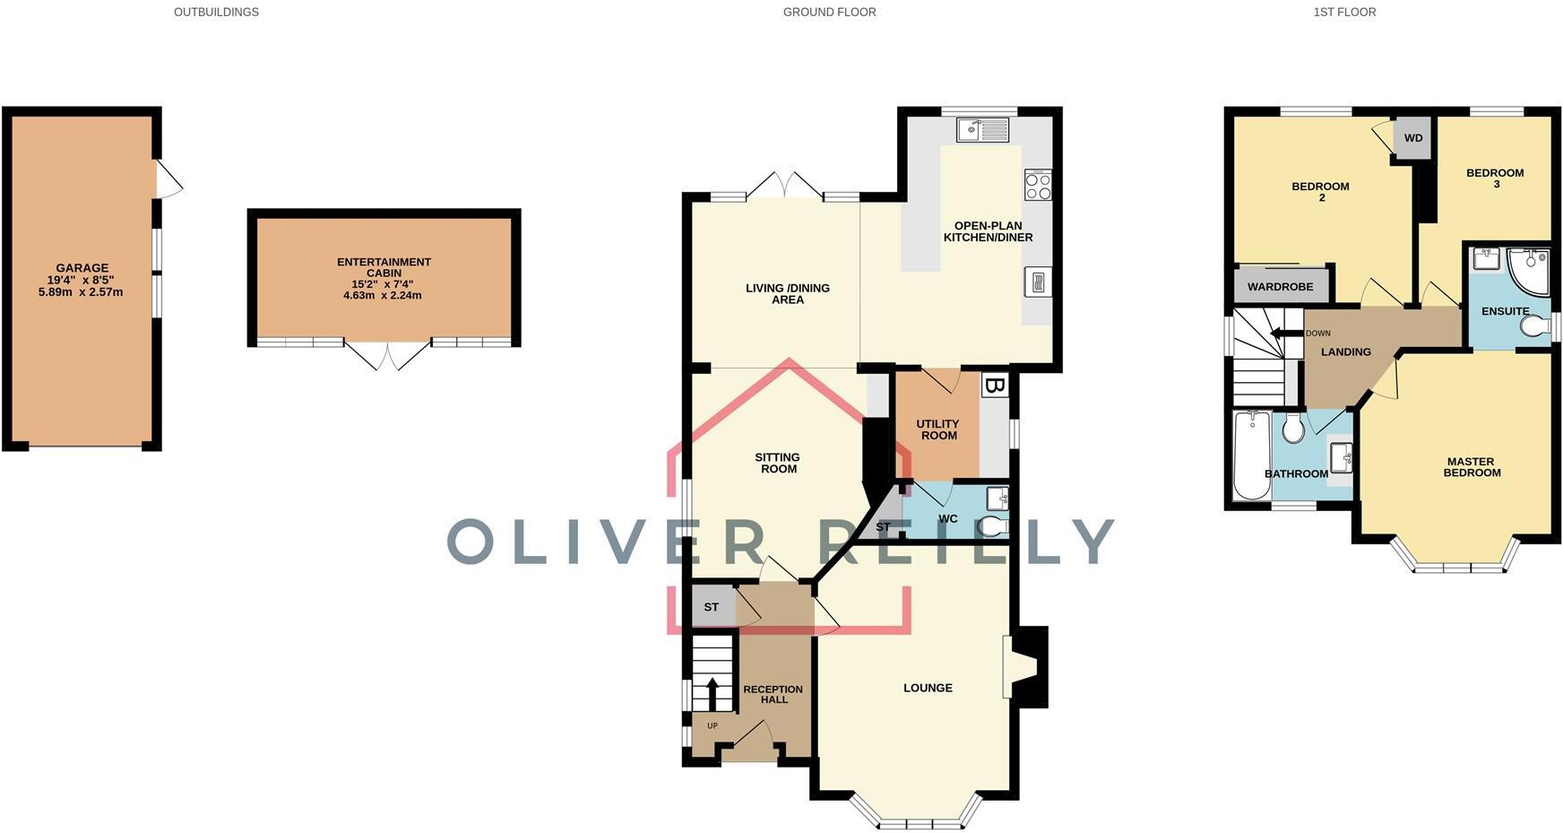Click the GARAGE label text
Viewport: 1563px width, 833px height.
[82, 268]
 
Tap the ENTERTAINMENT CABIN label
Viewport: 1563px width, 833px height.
[384, 267]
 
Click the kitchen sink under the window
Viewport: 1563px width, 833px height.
[982, 131]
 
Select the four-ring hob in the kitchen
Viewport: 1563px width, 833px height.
[1038, 186]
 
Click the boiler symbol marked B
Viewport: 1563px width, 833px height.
[994, 386]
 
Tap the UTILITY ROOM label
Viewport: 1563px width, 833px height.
[937, 430]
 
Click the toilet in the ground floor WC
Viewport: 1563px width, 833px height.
[993, 526]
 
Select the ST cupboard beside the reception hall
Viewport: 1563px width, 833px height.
[712, 607]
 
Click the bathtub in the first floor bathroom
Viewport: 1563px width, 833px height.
[1251, 456]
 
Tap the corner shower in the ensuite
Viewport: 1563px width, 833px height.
[1530, 271]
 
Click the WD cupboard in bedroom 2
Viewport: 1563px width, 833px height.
[1413, 139]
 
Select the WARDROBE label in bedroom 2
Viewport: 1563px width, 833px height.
[1280, 287]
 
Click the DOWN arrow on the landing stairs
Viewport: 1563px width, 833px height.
[1287, 334]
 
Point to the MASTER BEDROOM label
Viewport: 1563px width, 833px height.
[1471, 467]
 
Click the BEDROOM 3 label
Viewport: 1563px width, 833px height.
[1494, 178]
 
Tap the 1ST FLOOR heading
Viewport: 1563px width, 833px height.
[1344, 13]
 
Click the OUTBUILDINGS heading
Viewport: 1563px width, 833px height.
[216, 13]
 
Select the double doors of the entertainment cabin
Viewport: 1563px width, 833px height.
[388, 356]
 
